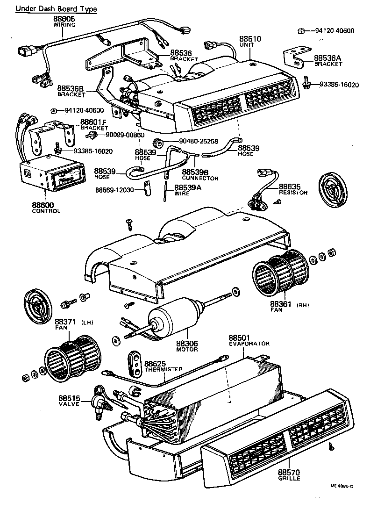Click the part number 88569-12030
click(x=115, y=190)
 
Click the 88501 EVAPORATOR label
click(x=249, y=340)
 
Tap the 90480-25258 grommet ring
click(x=158, y=142)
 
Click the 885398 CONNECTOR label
click(x=200, y=175)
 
